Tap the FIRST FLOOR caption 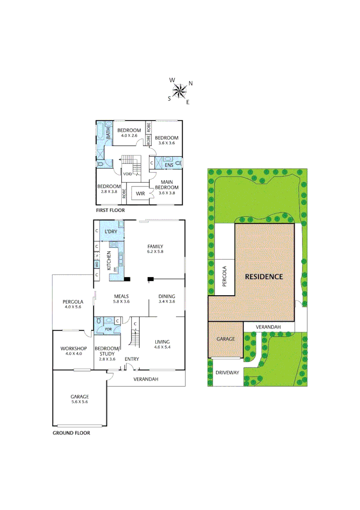110,210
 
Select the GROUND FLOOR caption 71,433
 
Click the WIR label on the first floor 140,194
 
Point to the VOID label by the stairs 127,174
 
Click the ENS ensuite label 168,165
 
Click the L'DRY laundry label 111,231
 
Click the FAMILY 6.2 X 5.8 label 155,249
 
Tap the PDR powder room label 109,329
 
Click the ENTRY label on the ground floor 132,359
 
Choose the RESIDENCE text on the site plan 264,277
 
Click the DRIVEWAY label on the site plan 227,373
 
